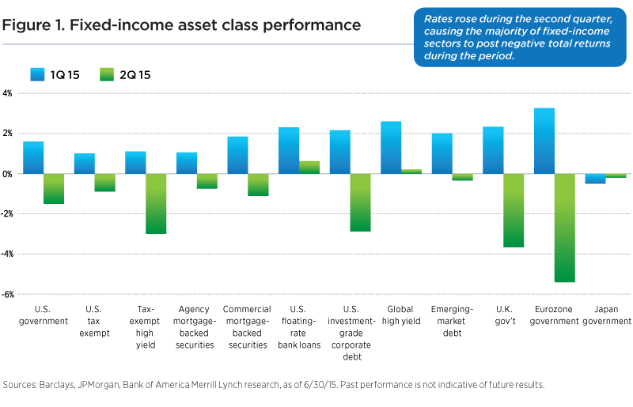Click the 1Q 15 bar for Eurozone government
point(544,141)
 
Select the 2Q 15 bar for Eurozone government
point(564,228)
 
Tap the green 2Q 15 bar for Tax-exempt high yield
point(156,203)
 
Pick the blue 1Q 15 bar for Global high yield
point(391,147)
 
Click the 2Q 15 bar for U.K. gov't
point(513,210)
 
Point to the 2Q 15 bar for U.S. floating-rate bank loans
point(309,167)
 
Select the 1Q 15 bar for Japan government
point(595,179)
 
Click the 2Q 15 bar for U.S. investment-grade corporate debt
point(361,202)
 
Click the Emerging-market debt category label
point(453,321)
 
